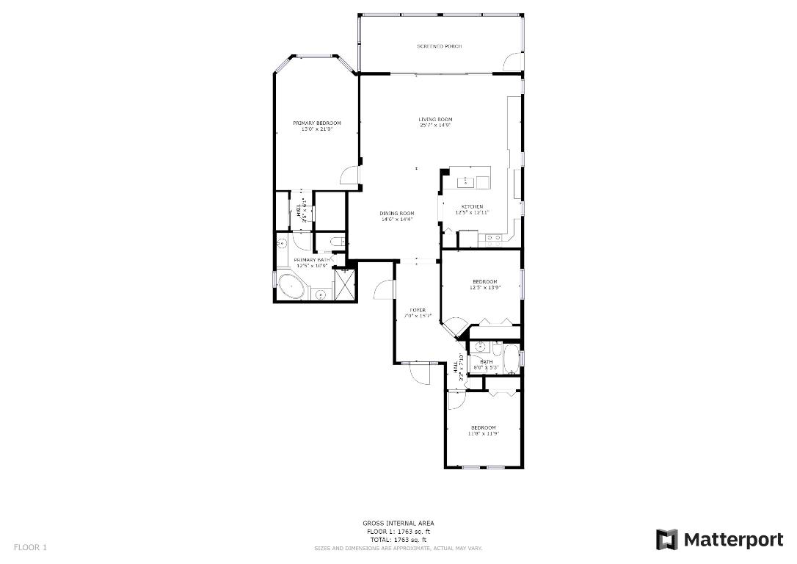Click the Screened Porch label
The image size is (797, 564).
click(440, 46)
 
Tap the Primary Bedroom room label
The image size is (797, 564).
click(317, 123)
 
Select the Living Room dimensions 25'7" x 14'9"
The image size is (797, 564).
click(435, 125)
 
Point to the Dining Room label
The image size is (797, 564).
click(397, 214)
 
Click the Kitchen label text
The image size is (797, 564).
click(472, 206)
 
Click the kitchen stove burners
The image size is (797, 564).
click(491, 238)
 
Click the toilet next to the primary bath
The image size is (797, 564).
click(335, 242)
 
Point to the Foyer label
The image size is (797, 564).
click(418, 310)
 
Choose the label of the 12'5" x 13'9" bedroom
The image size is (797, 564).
click(484, 282)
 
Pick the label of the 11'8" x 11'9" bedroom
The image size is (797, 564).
click(483, 427)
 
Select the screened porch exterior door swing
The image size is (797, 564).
click(512, 63)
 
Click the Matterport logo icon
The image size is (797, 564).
click(666, 540)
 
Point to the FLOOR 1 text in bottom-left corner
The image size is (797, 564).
click(30, 547)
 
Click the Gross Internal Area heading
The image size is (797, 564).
click(398, 524)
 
